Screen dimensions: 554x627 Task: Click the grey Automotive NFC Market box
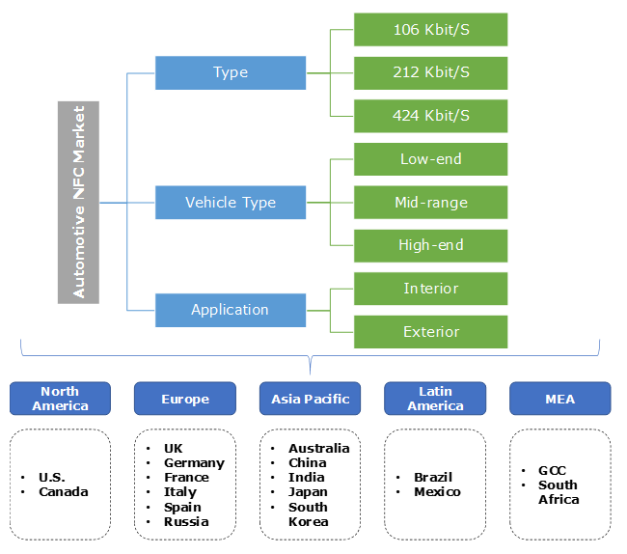coord(78,203)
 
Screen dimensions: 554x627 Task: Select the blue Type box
coord(231,72)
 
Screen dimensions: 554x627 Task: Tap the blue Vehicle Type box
coord(231,203)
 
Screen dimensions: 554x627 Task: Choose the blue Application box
coord(231,310)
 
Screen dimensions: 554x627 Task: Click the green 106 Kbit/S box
coord(430,29)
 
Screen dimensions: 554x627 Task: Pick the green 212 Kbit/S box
coord(430,72)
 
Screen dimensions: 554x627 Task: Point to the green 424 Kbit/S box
coord(430,116)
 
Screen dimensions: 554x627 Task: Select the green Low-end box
coord(430,159)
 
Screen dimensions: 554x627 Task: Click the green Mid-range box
coord(430,203)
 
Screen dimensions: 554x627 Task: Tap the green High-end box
coord(430,245)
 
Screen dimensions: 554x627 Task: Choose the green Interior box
coord(430,289)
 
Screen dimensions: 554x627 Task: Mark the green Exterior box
coord(430,331)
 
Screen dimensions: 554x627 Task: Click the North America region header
coord(60,399)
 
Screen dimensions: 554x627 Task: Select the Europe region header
coord(185,399)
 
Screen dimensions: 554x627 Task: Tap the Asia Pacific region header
coord(310,399)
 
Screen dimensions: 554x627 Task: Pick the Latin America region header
coord(435,399)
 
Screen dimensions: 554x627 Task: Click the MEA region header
coord(560,399)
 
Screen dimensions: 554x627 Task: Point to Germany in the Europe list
coord(194,463)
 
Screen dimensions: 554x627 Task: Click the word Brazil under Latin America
coord(433,477)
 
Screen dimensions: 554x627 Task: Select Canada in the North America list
coord(64,492)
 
